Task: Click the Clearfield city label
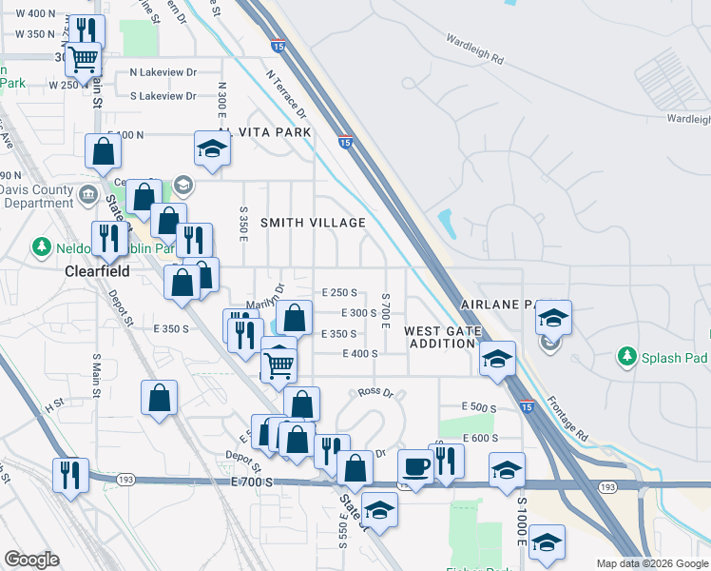[x=96, y=270]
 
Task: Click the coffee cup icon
[x=415, y=465]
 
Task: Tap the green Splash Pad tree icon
[x=626, y=357]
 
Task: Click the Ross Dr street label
[x=375, y=392]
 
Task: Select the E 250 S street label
[x=339, y=293]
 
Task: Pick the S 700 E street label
[x=386, y=311]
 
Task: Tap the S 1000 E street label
[x=522, y=521]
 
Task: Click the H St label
[x=53, y=404]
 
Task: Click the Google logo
[x=31, y=560]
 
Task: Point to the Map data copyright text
[x=651, y=563]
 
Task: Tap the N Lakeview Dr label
[x=163, y=71]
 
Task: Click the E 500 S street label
[x=479, y=407]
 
